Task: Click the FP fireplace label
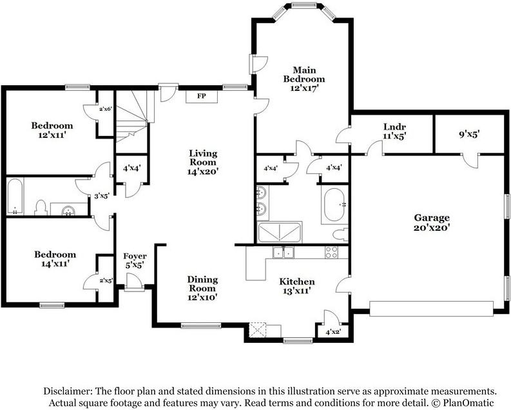202,96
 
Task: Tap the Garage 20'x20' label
432,222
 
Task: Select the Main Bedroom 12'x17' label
304,79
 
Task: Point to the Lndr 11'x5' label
394,132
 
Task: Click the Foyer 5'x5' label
135,260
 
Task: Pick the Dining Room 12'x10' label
202,288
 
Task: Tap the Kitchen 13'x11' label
297,286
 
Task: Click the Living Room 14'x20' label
203,162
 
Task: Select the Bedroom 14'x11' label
55,259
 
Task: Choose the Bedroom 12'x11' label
52,130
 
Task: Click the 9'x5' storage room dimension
469,134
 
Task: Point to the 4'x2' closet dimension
333,332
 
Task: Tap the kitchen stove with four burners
331,252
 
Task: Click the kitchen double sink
284,252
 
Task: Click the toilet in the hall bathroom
41,208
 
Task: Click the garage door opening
432,309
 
